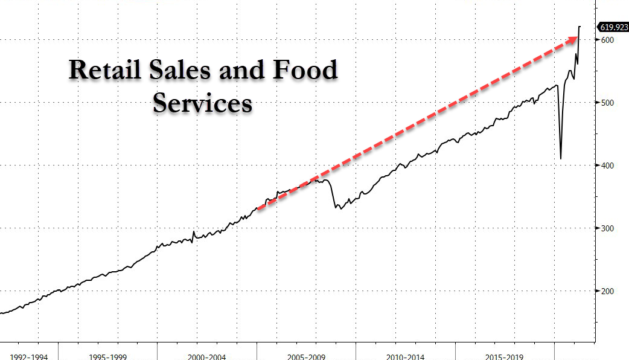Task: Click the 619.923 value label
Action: [x=613, y=27]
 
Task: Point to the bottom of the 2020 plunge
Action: [x=561, y=158]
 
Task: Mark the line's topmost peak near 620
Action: [x=580, y=27]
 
